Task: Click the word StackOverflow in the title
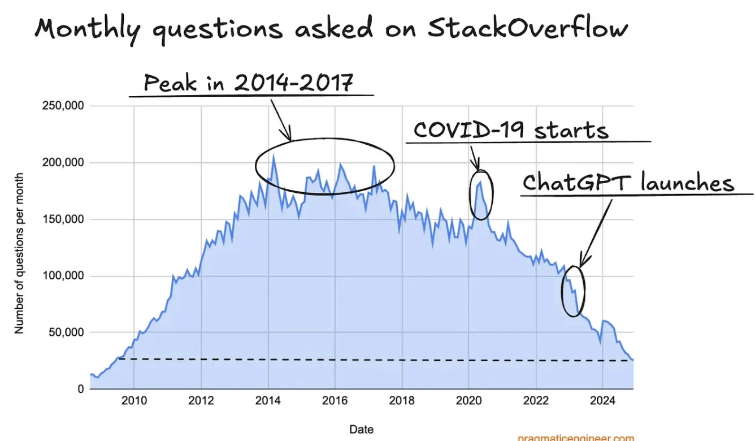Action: point(527,28)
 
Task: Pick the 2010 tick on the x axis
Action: point(134,401)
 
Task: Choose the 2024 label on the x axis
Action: point(602,401)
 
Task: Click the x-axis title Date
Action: point(362,430)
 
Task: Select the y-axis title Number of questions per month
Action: point(20,253)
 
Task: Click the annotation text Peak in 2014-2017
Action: point(249,83)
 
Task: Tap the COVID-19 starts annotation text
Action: point(511,130)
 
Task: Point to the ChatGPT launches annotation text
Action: point(628,183)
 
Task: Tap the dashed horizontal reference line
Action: point(373,360)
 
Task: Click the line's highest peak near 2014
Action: point(274,157)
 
